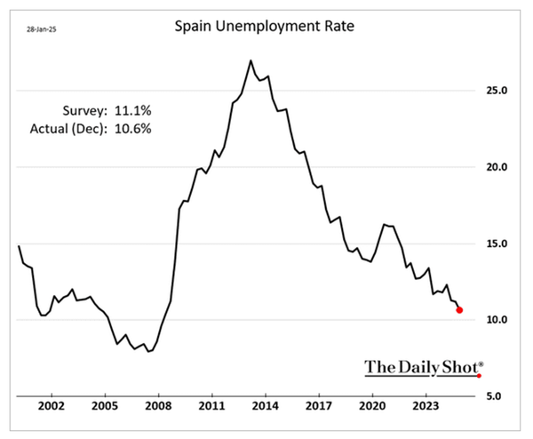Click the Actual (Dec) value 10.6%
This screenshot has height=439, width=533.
pos(131,129)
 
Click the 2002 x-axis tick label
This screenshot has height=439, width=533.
pos(52,411)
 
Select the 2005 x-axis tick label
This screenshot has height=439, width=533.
pos(105,411)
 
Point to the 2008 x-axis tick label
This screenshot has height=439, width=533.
pos(158,411)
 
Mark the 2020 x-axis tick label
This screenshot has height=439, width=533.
pos(371,411)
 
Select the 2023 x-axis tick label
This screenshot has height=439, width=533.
pos(425,411)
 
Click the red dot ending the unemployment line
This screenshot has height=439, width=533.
pos(459,310)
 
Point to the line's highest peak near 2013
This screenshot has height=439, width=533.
pos(251,60)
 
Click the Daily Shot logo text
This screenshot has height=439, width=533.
pos(423,366)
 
